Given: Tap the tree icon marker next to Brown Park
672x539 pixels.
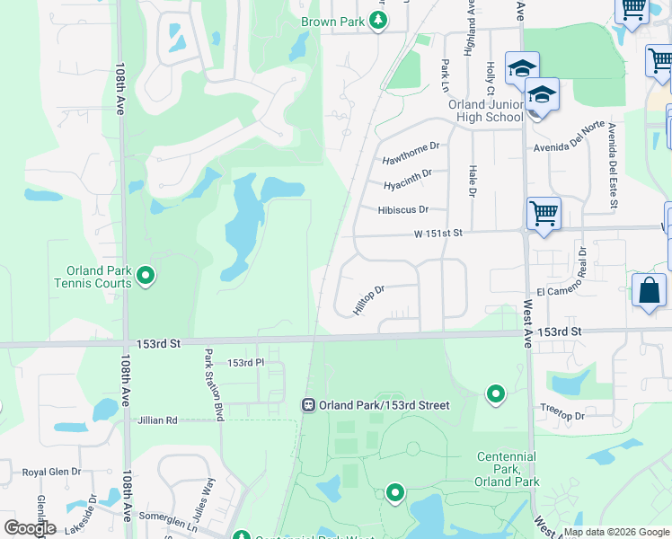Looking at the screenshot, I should tap(379, 21).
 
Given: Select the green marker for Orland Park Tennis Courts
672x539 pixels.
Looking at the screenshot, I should tap(146, 276).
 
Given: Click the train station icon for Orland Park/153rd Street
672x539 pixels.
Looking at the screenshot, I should tap(308, 405).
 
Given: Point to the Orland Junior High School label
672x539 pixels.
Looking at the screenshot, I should tap(485, 110).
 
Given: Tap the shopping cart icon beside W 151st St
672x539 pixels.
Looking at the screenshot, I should tap(544, 214).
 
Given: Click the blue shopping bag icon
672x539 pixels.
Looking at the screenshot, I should tap(649, 292).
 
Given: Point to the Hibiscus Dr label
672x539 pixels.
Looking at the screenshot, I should tap(404, 209).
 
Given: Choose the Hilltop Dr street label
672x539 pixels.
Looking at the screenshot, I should tap(369, 300).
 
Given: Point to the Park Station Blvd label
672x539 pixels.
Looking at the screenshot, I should tap(214, 385).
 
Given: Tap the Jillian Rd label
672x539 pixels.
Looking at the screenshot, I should tap(157, 420).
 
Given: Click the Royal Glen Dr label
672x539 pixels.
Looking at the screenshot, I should tap(51, 471).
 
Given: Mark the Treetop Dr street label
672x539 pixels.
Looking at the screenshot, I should tap(563, 416).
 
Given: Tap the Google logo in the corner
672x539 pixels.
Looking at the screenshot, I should tap(30, 527).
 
